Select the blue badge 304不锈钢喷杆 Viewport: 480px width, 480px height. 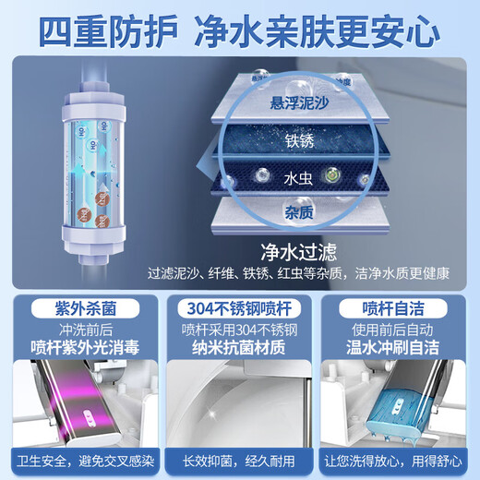239,308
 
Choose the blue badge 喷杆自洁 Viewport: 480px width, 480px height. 399,308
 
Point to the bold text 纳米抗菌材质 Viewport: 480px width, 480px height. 239,346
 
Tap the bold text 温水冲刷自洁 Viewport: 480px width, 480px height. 399,346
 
